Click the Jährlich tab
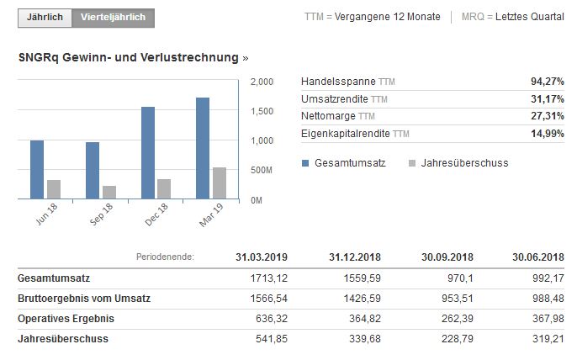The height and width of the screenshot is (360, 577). [x=45, y=18]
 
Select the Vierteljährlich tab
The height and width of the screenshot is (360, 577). [x=113, y=18]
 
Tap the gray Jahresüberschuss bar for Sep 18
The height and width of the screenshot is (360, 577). [x=109, y=193]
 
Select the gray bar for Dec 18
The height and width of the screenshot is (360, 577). [x=164, y=189]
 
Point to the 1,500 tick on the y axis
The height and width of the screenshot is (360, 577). [x=262, y=111]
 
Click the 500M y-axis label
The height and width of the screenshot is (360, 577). [x=262, y=170]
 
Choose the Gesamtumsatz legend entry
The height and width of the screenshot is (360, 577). [x=343, y=163]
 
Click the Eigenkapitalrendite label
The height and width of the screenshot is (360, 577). [x=346, y=135]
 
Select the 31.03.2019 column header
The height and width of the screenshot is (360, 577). [x=261, y=257]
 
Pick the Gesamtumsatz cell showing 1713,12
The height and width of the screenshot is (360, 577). [x=271, y=278]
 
